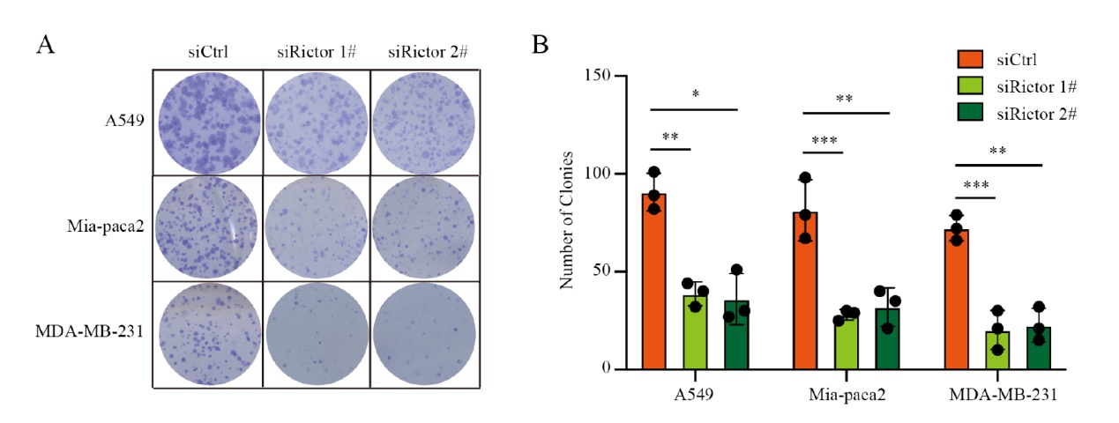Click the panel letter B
point(540,44)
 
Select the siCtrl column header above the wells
point(209,51)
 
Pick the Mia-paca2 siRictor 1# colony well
point(316,227)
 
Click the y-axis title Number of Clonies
point(569,221)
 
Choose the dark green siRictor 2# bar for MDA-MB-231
point(1040,347)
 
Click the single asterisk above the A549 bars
point(697,93)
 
